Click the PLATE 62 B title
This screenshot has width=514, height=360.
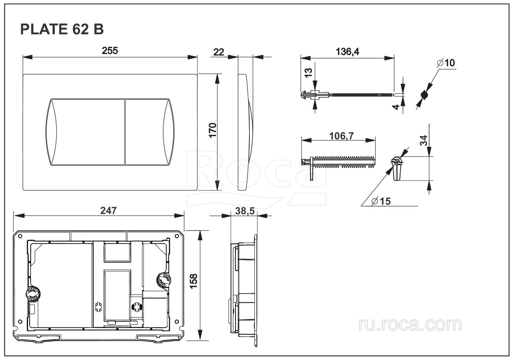[x=62, y=29]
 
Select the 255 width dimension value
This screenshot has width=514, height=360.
[x=110, y=51]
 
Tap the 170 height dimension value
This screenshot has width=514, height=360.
[x=213, y=130]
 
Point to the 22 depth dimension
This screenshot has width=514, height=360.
[x=218, y=52]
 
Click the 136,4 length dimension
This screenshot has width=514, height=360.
[x=347, y=52]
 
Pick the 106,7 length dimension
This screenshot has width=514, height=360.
[x=342, y=136]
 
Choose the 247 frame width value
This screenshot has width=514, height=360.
[x=108, y=210]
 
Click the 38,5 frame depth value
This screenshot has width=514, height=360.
[x=245, y=211]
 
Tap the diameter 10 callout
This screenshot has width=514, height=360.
[x=446, y=63]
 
